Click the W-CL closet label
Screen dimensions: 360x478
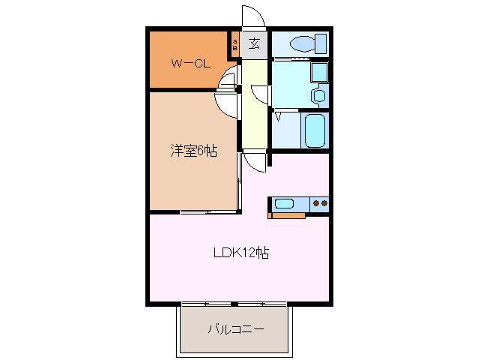click(190, 63)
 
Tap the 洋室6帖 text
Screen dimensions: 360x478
click(193, 151)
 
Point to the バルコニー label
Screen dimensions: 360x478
click(235, 329)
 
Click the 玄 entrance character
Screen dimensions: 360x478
click(255, 43)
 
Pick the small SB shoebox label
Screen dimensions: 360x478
click(235, 44)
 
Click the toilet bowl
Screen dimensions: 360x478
click(303, 43)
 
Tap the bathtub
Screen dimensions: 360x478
click(315, 130)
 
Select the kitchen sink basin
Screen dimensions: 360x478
click(285, 202)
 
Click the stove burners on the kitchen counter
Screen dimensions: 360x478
click(321, 202)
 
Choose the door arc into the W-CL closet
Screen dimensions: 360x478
click(228, 77)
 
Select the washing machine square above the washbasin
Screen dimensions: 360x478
click(318, 73)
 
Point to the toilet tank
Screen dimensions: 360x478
click(321, 43)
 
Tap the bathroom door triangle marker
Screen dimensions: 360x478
click(278, 117)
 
